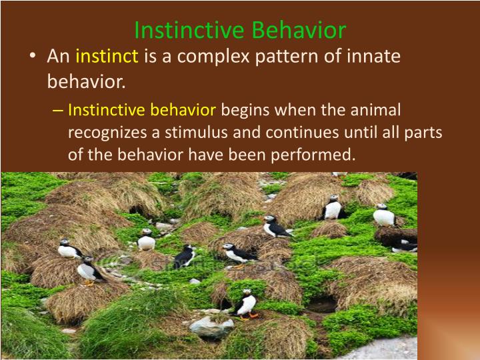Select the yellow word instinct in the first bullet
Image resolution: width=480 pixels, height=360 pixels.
click(x=107, y=56)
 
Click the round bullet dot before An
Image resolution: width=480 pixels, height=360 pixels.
click(x=33, y=57)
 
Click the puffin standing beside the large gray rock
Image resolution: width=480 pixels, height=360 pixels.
click(x=247, y=305)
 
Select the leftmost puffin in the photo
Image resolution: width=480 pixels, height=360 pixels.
click(x=69, y=249)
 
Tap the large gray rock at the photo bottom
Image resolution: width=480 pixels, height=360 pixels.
click(x=211, y=327)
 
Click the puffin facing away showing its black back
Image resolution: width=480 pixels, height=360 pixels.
click(x=185, y=255)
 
